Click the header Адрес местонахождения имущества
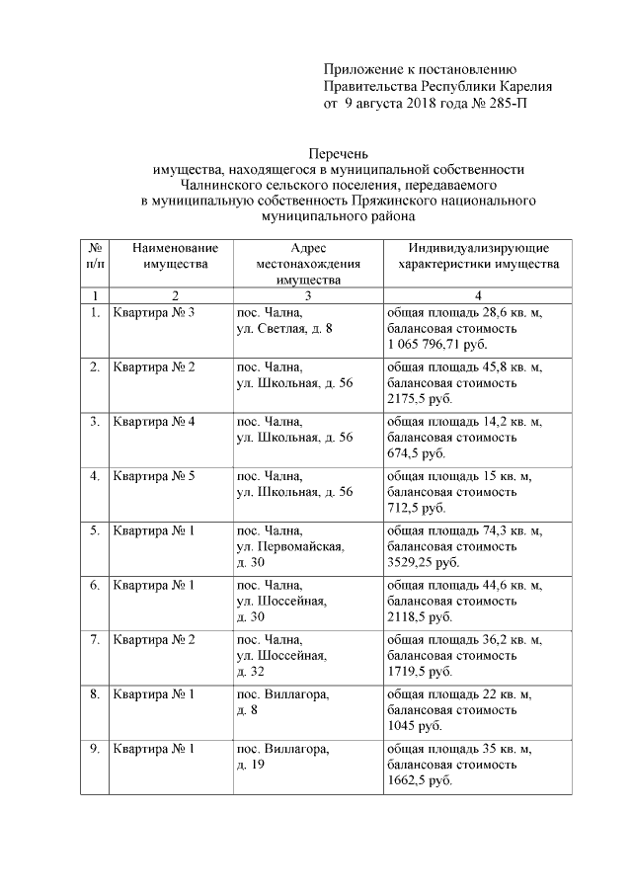coord(307,264)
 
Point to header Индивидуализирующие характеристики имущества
coord(478,256)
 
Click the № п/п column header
coord(95,256)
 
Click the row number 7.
coord(95,640)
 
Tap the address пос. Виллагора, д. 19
coord(282,756)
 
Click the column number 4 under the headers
coord(478,295)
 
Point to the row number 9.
coord(95,749)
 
